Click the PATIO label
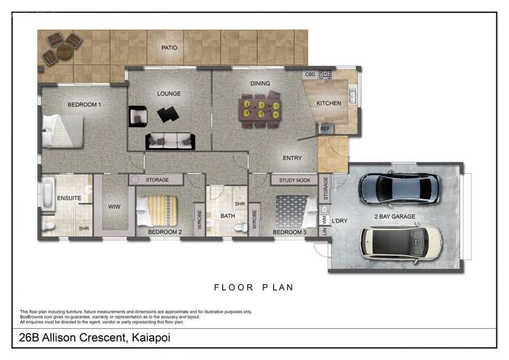(x=169, y=48)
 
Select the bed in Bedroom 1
(x=63, y=130)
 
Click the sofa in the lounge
(x=170, y=141)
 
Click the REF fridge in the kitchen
(x=325, y=128)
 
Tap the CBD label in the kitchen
(x=310, y=74)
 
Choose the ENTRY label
(x=292, y=158)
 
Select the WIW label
(x=113, y=206)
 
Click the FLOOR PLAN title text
(x=253, y=287)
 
